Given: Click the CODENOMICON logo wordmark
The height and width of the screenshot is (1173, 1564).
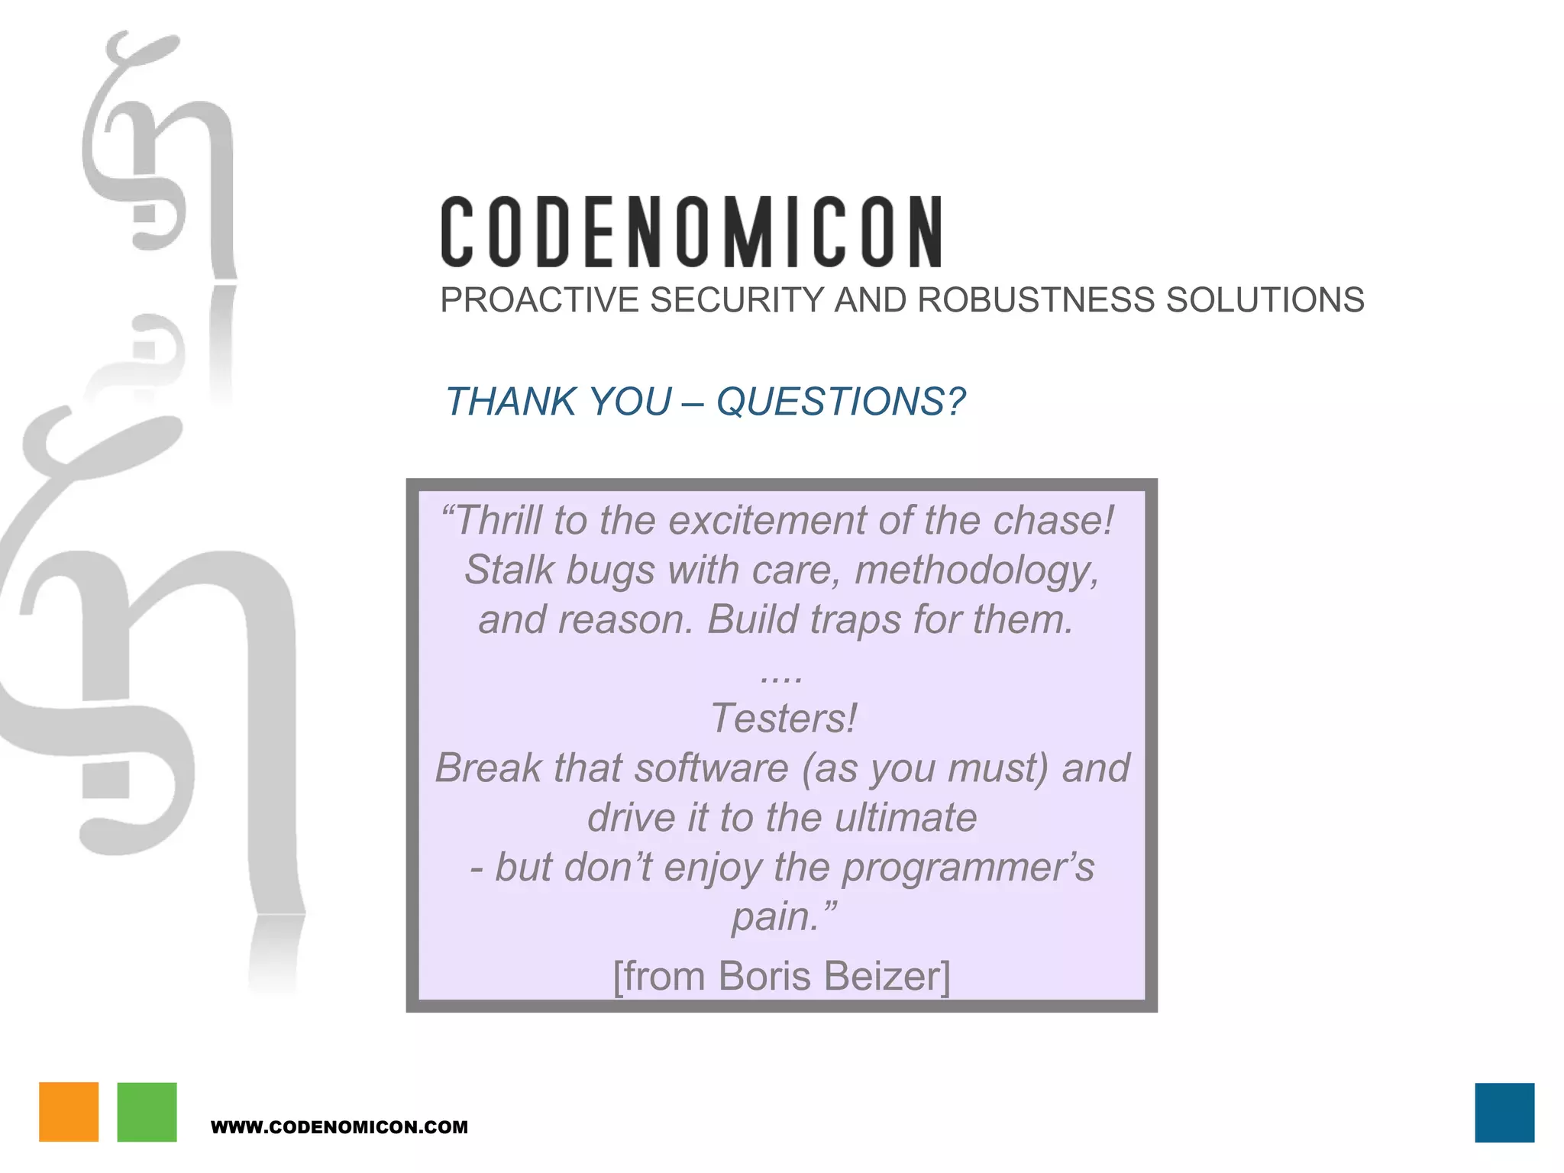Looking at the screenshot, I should [691, 232].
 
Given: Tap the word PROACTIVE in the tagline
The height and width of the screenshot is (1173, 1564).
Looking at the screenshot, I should [539, 300].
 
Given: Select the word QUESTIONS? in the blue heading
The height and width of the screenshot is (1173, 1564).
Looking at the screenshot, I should [840, 402].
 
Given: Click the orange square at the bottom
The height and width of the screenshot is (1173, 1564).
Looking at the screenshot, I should [69, 1112].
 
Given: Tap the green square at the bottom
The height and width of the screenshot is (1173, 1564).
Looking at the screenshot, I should [147, 1112].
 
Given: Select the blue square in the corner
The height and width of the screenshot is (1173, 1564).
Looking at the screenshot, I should [1504, 1112].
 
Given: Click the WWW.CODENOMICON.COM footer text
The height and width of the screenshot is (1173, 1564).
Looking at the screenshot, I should [339, 1127].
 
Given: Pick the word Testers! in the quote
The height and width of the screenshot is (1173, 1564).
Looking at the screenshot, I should [783, 719].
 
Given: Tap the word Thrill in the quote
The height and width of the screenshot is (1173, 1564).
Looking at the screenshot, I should [500, 521].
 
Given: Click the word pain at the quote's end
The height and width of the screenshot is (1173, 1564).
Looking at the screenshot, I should [771, 916].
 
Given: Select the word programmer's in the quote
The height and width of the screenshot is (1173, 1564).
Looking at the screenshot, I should [968, 868].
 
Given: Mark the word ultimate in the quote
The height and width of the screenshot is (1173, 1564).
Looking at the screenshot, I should [905, 818].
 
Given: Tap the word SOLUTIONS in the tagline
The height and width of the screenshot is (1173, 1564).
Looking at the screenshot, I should [1265, 300].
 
